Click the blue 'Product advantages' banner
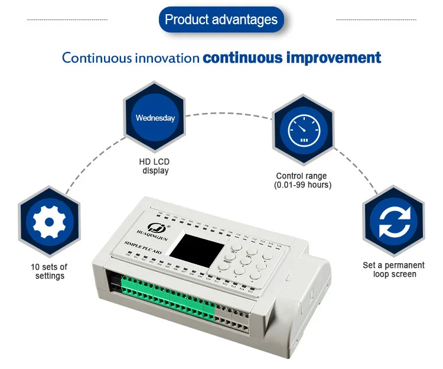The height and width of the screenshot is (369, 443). [x=221, y=20]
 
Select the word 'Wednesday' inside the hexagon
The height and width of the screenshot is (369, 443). [x=155, y=118]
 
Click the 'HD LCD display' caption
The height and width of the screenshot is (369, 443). [x=155, y=166]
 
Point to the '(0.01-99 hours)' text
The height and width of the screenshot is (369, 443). [x=302, y=185]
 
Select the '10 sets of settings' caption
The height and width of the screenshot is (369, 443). [x=49, y=271]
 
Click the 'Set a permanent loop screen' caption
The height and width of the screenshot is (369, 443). [x=393, y=270]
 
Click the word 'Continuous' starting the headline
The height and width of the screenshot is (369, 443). [x=96, y=58]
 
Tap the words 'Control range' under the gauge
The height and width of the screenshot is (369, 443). [x=301, y=176]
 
